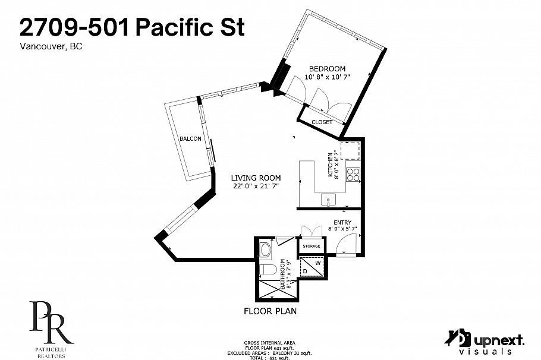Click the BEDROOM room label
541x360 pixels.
coord(327,69)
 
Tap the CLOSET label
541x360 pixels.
coord(322,122)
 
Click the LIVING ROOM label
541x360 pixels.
coord(256,178)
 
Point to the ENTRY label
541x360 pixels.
coord(342,222)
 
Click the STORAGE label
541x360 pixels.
coord(312,246)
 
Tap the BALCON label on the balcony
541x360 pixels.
coord(191,139)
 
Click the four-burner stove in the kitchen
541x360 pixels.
coord(353,175)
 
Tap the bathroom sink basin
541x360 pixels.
coord(266,248)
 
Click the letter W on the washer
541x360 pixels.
coord(317,261)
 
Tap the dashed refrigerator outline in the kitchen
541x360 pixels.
coord(351,151)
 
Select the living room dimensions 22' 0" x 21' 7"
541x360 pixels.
coord(256,187)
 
